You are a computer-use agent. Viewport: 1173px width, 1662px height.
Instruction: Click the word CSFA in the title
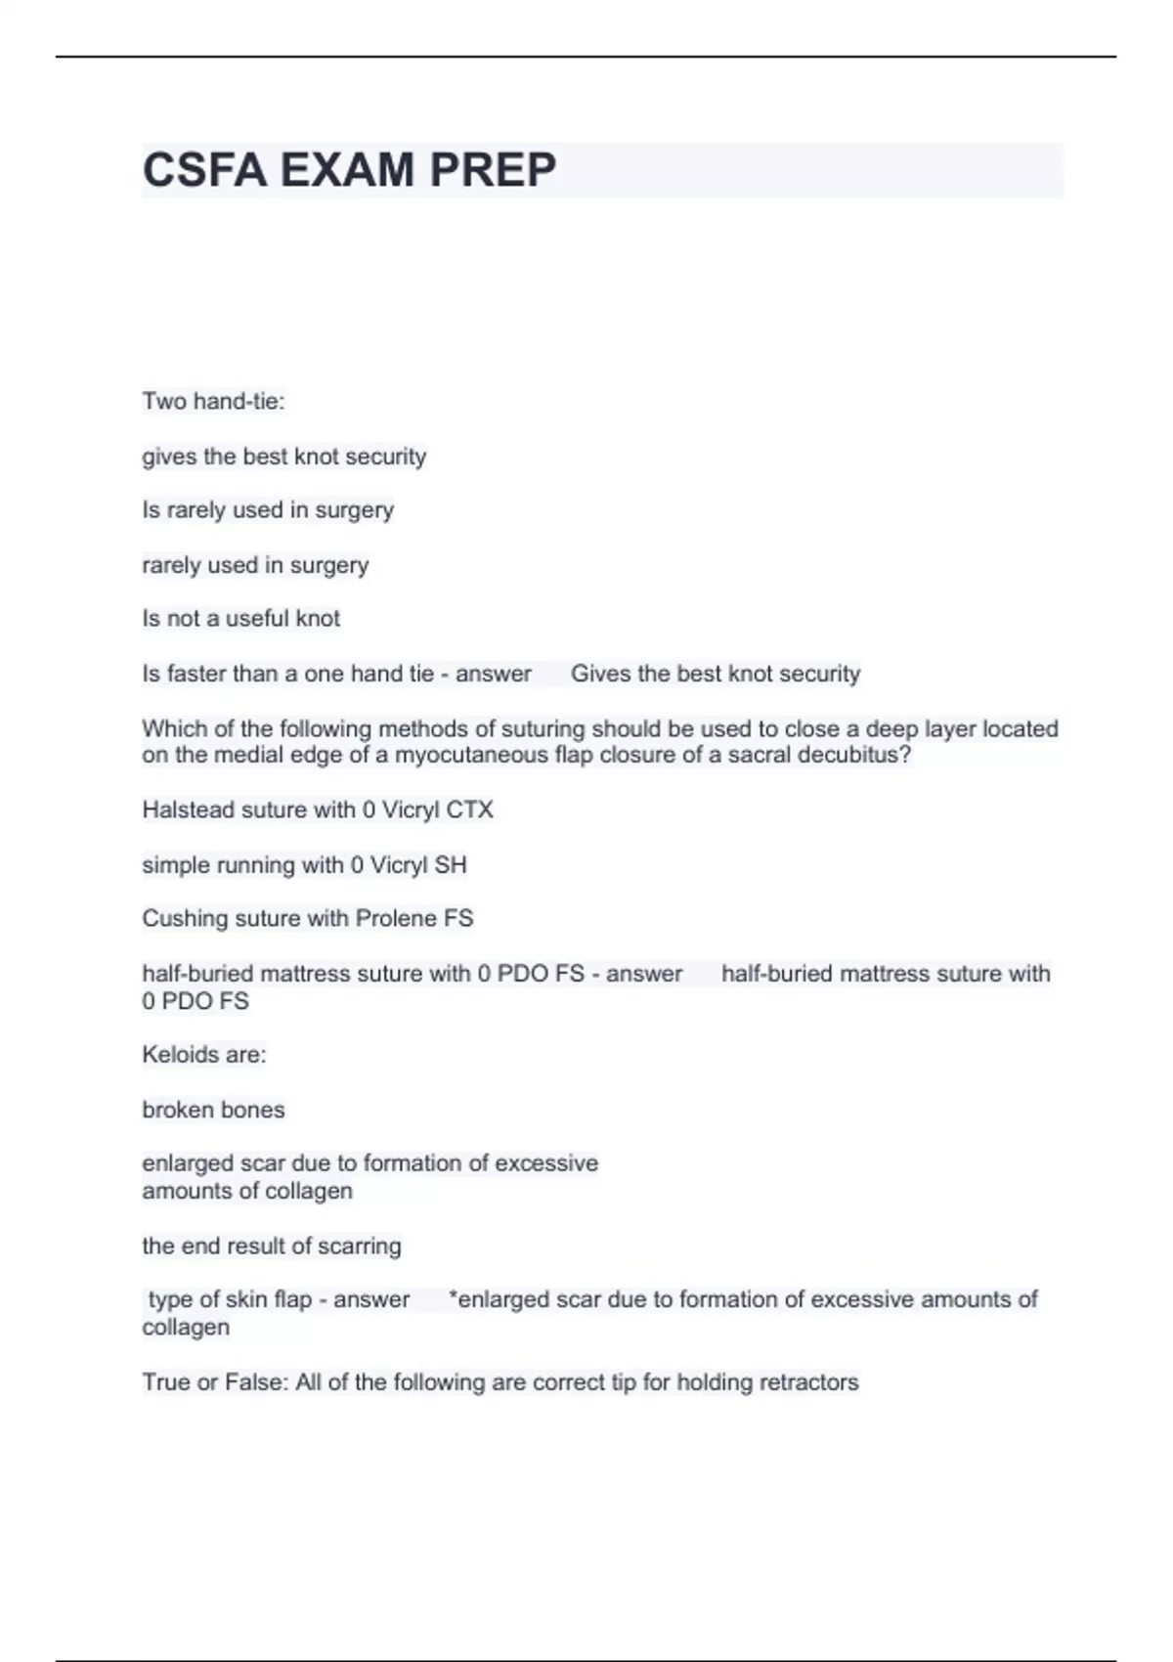tap(203, 170)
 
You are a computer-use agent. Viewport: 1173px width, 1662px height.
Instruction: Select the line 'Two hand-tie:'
tap(213, 401)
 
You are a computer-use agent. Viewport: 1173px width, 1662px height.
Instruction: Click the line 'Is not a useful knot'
tap(240, 618)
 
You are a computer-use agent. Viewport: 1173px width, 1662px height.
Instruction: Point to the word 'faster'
tap(196, 674)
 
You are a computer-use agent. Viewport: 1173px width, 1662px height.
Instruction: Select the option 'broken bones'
tap(213, 1110)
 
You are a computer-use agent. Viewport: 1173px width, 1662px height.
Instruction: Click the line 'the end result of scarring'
tap(272, 1246)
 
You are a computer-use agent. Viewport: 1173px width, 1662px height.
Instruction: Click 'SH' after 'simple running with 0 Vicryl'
tap(451, 865)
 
